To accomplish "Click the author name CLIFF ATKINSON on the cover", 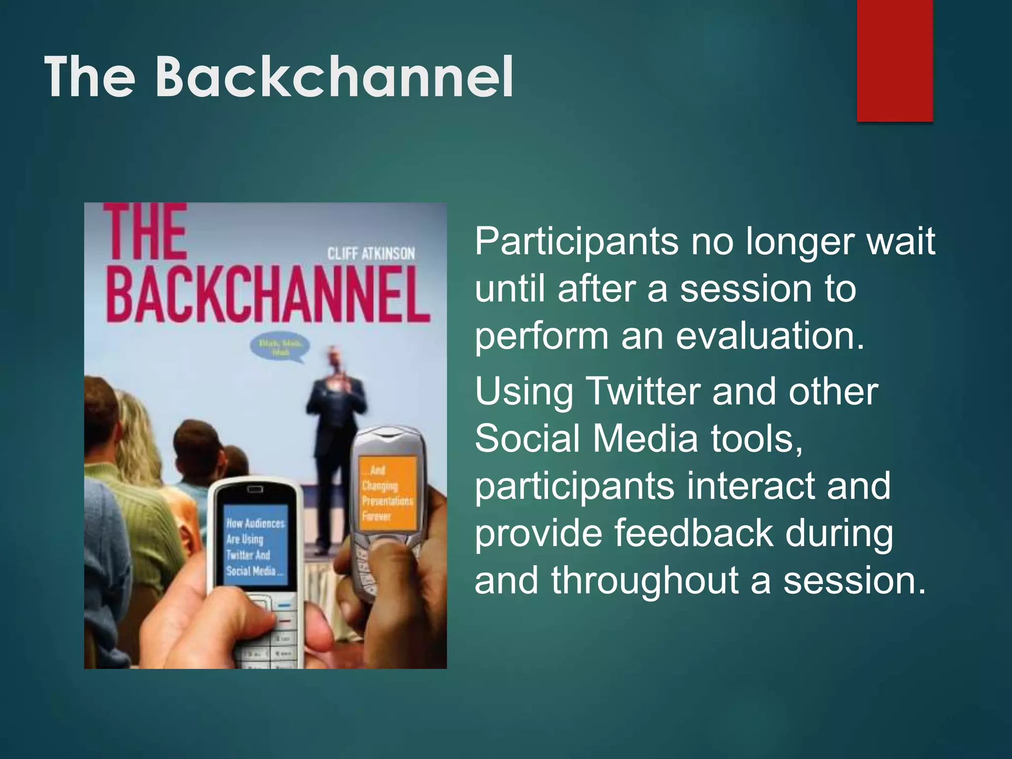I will click(371, 254).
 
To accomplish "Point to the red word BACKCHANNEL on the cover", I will click(267, 295).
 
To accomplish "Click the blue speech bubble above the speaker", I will click(280, 348).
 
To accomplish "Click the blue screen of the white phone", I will click(255, 545).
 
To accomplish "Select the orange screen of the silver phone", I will click(387, 494).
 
